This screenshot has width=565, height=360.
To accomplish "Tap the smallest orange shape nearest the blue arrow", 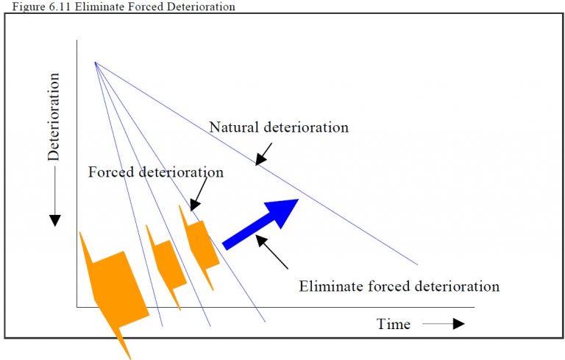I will [200, 244].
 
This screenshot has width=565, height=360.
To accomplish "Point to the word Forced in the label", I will [110, 172].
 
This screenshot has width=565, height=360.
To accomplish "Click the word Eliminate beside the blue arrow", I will [330, 286].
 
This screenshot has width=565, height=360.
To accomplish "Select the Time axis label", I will [394, 324].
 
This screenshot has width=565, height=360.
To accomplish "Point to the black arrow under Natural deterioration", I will [263, 152].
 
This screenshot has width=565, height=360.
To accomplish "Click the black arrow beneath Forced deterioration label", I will [198, 197].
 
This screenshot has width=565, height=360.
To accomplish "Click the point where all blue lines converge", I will [95, 62].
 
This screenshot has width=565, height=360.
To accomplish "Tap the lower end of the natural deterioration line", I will [416, 264].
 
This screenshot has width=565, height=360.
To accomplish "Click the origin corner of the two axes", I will [77, 307].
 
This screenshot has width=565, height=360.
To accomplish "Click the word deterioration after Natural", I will [304, 127].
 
